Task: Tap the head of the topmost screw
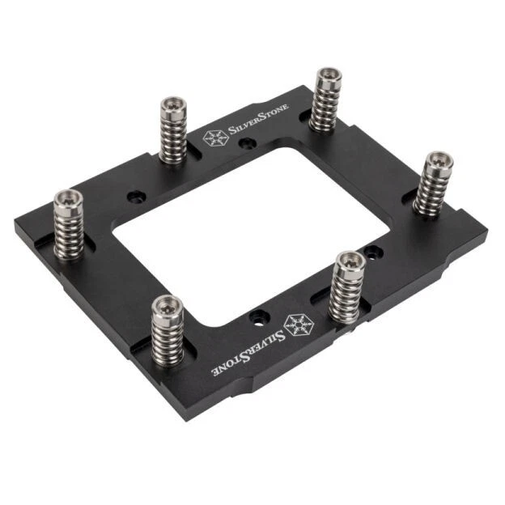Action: [326, 77]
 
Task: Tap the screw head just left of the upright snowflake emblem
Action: [172, 104]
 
